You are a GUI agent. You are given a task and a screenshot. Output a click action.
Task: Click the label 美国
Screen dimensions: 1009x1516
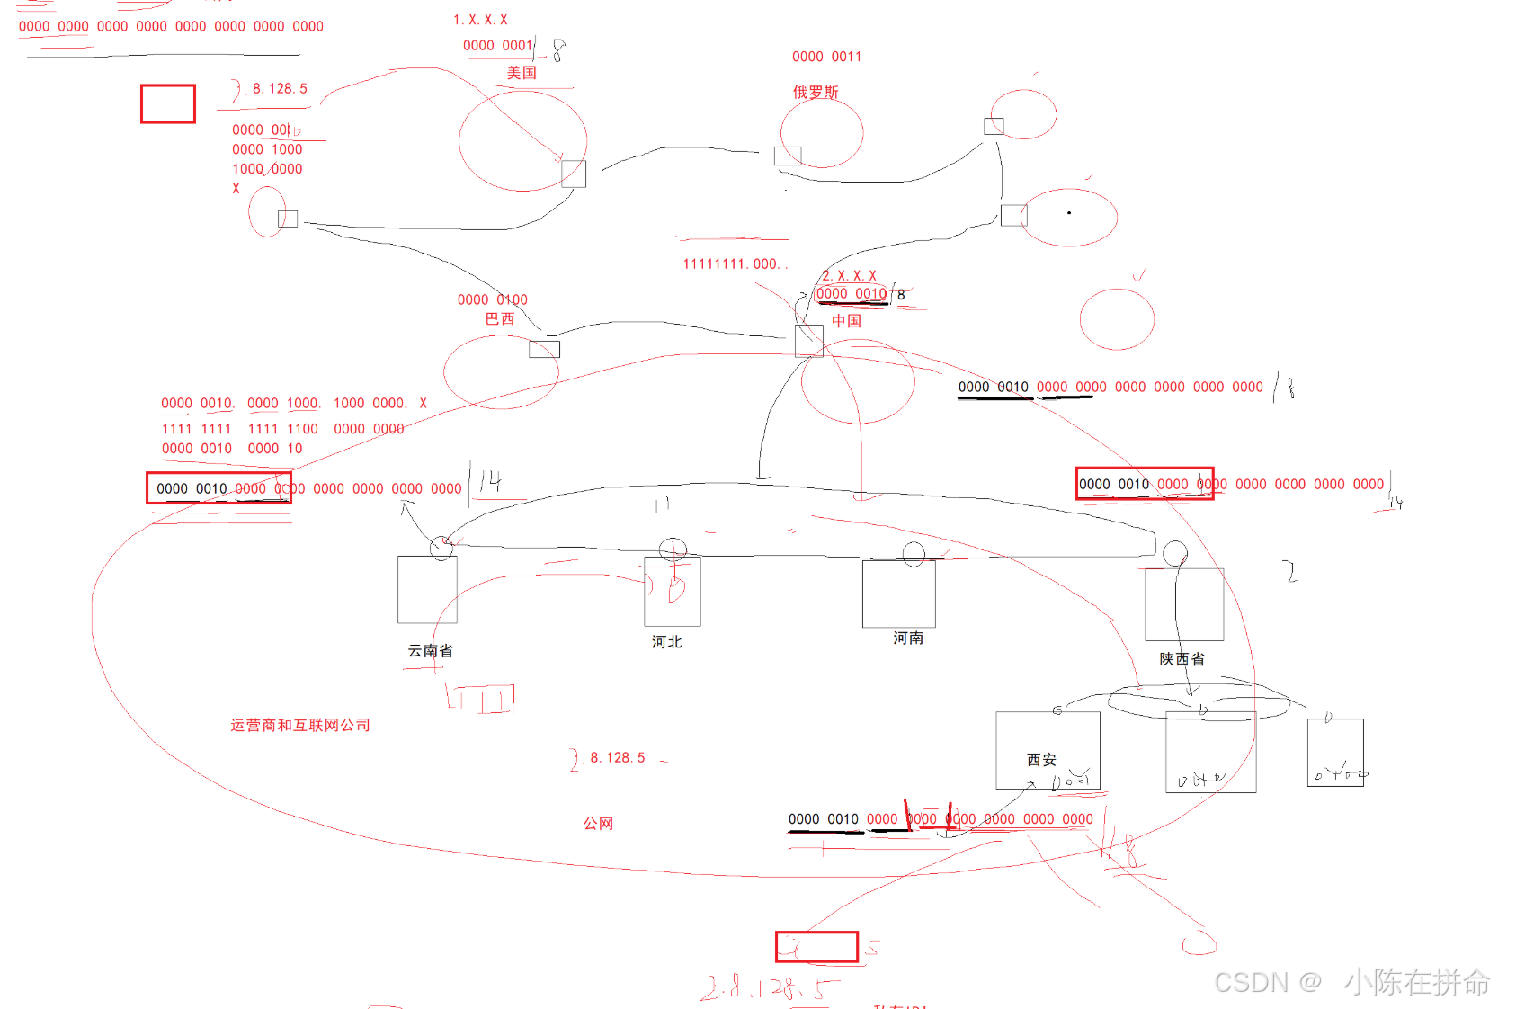522,73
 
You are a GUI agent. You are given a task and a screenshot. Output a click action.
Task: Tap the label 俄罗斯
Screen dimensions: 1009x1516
816,93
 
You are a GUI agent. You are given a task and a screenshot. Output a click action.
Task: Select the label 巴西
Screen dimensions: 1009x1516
500,319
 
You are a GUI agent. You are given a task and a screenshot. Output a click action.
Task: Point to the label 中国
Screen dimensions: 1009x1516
846,321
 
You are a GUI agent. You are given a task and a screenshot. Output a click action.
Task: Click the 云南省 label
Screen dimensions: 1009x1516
431,651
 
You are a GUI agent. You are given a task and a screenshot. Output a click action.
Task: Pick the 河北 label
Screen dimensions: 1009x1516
667,642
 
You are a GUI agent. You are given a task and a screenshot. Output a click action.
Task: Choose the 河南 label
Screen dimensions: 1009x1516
908,638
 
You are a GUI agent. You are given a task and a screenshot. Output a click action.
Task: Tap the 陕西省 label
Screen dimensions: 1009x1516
1182,659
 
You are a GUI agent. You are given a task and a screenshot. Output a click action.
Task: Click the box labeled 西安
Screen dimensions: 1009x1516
1048,750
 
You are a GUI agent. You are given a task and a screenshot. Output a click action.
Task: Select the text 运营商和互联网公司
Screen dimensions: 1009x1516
300,726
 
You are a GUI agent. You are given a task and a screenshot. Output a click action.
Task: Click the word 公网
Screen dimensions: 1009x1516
599,824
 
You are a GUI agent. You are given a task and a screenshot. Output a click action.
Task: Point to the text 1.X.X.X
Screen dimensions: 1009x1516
480,20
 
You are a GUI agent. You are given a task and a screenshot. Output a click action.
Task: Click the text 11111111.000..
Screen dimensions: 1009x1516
734,264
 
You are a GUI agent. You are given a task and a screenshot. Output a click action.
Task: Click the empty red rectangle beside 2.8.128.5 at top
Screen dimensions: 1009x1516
168,104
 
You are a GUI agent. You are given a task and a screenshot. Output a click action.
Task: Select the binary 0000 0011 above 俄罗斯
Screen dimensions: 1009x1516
826,57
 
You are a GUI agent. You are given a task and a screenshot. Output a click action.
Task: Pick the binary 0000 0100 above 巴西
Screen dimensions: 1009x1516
492,300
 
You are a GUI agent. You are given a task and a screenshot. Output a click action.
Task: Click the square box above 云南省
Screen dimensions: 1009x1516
427,590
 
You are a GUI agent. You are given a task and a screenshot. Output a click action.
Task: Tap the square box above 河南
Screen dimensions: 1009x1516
898,594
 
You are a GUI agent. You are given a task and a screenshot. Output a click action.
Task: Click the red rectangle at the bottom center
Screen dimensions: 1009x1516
816,947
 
